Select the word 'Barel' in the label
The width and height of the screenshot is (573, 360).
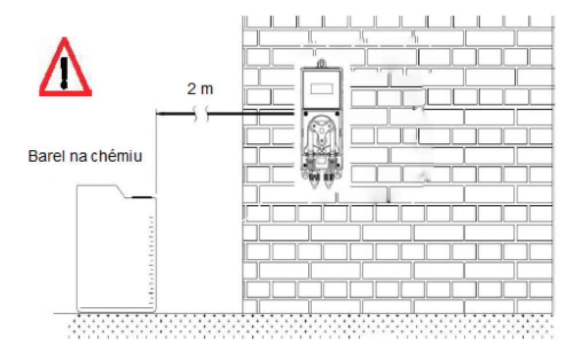[x=41, y=156]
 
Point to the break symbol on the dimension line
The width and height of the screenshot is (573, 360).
[x=203, y=115]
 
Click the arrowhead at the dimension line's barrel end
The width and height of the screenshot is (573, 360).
[x=160, y=115]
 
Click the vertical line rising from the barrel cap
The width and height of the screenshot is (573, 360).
[x=156, y=155]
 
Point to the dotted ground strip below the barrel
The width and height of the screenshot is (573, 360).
[x=115, y=327]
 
